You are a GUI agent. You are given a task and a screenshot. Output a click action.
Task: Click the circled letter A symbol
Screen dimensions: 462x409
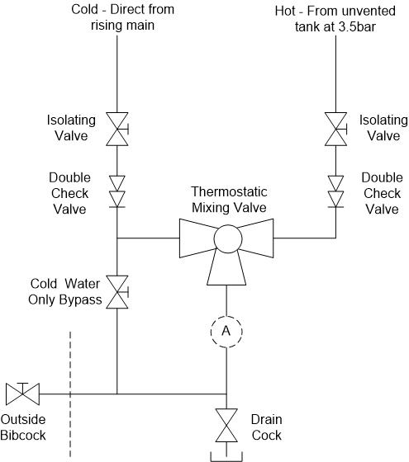[x=225, y=331]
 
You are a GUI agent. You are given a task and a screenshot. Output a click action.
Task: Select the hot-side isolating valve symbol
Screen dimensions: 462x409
[x=335, y=129]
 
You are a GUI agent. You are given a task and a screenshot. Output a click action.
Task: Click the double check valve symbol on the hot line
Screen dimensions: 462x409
[x=335, y=191]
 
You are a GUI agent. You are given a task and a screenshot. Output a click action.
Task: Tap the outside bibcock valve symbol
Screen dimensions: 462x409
[x=18, y=393]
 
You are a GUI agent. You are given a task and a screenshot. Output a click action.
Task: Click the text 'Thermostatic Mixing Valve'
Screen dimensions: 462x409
[x=225, y=200]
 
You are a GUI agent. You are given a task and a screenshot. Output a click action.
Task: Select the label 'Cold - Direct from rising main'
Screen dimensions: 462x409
[x=117, y=16]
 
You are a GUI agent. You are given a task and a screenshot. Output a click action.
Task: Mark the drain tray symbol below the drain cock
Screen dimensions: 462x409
[x=225, y=455]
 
